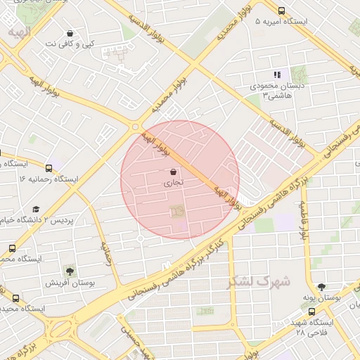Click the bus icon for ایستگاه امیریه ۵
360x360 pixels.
point(281,11)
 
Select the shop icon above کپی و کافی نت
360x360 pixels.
point(70,33)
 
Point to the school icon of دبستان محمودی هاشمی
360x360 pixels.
point(277,74)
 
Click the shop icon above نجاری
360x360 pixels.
point(173,172)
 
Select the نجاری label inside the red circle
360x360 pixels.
point(173,183)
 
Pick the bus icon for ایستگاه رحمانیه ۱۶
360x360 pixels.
point(49,168)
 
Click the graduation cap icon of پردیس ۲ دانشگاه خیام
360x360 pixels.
point(36,209)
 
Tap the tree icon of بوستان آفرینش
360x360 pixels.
point(69,271)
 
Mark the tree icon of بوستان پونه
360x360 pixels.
point(322,286)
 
